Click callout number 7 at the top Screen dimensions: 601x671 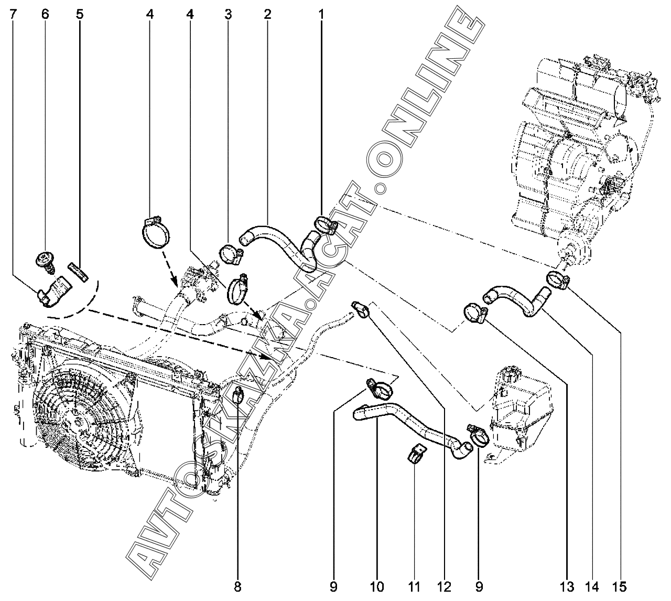pos(13,15)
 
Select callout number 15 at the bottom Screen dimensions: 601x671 pos(621,586)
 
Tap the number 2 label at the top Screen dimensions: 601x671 pos(267,15)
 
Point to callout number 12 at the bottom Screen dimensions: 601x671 pos(444,586)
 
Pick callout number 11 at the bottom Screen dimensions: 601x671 pos(414,586)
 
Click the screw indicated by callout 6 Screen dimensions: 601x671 pos(45,261)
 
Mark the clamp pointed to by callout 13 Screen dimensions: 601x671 pos(474,314)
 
